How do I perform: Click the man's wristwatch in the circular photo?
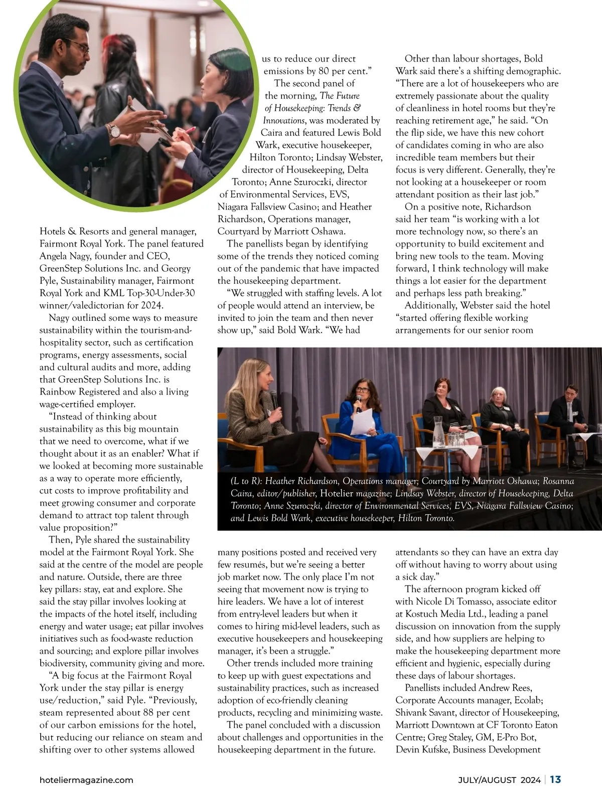(x=115, y=131)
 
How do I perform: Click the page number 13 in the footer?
(x=555, y=779)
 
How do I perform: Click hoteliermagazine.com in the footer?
(x=86, y=780)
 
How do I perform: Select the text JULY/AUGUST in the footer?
(x=487, y=780)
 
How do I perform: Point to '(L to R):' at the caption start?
(x=246, y=481)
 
